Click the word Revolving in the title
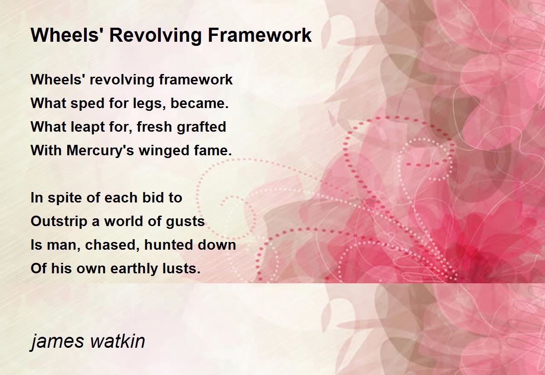coord(156,35)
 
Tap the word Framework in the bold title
coord(260,35)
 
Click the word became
coord(199,103)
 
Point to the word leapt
coord(84,128)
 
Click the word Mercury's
coord(100,151)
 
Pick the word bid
coord(153,197)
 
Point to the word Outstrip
coord(59,222)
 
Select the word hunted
coord(168,245)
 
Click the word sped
coord(88,104)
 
